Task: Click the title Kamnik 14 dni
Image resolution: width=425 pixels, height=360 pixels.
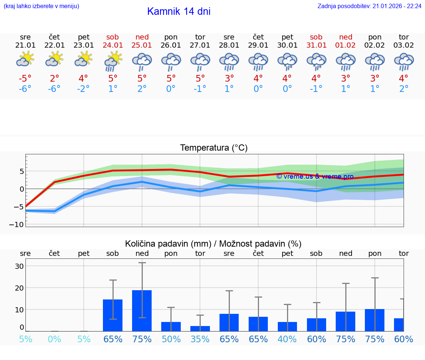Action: pyautogui.click(x=179, y=11)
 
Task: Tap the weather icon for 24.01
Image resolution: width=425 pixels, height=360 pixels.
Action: pyautogui.click(x=113, y=61)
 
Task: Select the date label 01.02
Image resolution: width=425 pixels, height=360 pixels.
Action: pyautogui.click(x=346, y=45)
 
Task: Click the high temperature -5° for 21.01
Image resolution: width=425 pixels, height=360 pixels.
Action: pyautogui.click(x=25, y=79)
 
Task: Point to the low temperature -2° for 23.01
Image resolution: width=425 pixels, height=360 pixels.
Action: pyautogui.click(x=83, y=89)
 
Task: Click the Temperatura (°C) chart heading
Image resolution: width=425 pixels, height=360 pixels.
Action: pyautogui.click(x=214, y=148)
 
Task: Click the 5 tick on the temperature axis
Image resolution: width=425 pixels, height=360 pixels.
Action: pyautogui.click(x=21, y=171)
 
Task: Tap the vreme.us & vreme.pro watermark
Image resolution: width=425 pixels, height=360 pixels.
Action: pyautogui.click(x=315, y=176)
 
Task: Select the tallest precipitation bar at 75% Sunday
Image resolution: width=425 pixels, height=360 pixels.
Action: pyautogui.click(x=142, y=311)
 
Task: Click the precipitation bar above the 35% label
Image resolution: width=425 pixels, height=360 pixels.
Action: pyautogui.click(x=200, y=328)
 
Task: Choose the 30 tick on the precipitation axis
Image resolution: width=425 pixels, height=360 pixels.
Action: pyautogui.click(x=19, y=266)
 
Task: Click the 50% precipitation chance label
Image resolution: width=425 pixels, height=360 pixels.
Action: pyautogui.click(x=171, y=339)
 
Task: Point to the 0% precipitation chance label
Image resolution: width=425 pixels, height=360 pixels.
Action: pyautogui.click(x=54, y=339)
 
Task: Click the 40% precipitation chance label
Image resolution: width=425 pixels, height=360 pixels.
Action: pyautogui.click(x=287, y=339)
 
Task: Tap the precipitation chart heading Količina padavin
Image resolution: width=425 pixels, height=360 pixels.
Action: pyautogui.click(x=213, y=244)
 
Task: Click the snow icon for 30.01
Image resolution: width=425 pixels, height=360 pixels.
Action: pyautogui.click(x=287, y=61)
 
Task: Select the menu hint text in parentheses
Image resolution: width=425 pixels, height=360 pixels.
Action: pyautogui.click(x=41, y=6)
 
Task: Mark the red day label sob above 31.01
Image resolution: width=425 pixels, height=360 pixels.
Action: pyautogui.click(x=316, y=37)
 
